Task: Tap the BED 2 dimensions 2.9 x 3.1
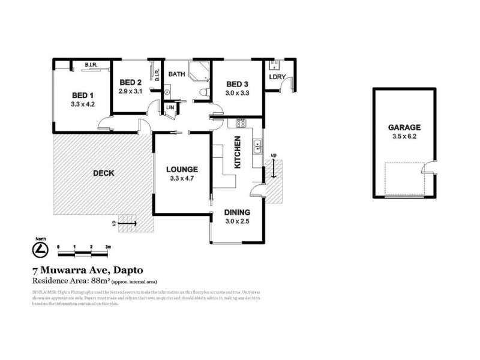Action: (130, 91)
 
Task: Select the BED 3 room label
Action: (236, 83)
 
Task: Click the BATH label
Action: (176, 74)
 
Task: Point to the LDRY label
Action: (277, 77)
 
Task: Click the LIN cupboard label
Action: (170, 108)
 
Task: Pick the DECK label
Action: (103, 173)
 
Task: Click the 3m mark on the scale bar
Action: (108, 247)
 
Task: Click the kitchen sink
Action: (256, 144)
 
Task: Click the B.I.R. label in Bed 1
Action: (91, 65)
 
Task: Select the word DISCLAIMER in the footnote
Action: (43, 292)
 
